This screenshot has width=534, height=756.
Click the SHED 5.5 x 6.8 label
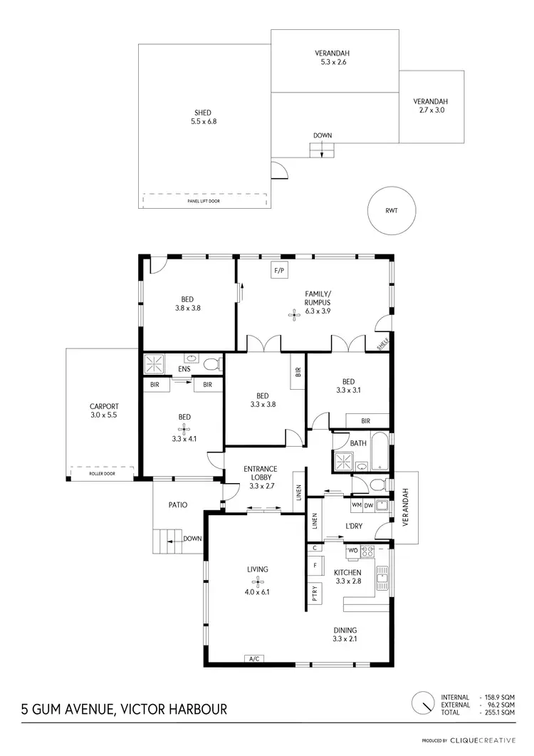point(203,118)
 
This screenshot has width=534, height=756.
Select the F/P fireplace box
point(279,270)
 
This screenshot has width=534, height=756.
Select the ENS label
point(184,370)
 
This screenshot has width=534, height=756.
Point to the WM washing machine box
point(357,505)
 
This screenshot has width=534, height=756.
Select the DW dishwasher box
point(369,505)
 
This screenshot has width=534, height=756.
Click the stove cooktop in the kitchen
point(368,551)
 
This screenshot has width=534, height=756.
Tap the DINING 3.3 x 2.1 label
point(345,634)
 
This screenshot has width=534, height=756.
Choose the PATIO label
point(177,505)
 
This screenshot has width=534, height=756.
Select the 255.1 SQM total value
point(498,713)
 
